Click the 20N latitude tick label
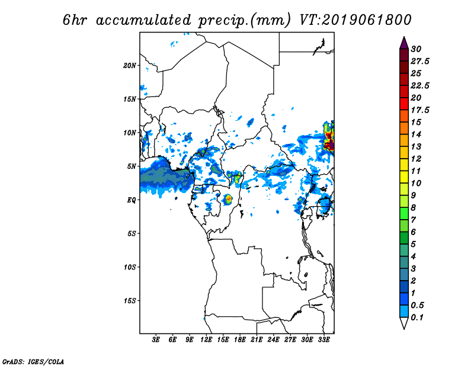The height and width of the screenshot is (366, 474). pyautogui.click(x=130, y=66)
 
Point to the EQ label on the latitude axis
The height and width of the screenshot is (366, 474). pyautogui.click(x=132, y=200)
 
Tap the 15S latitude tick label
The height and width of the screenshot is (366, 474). pyautogui.click(x=130, y=301)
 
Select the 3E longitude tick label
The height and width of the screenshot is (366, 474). pyautogui.click(x=156, y=339)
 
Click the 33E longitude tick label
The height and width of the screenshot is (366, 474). pyautogui.click(x=324, y=339)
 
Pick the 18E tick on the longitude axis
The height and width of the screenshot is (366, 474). pyautogui.click(x=240, y=339)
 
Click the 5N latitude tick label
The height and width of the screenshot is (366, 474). pyautogui.click(x=132, y=166)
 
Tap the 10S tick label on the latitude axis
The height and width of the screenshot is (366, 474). pyautogui.click(x=130, y=267)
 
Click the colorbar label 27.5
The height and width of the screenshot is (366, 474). pyautogui.click(x=420, y=62)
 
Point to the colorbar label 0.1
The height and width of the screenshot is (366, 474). pyautogui.click(x=417, y=317)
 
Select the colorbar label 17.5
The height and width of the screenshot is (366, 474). pyautogui.click(x=420, y=110)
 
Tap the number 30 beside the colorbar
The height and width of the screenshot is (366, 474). pyautogui.click(x=416, y=49)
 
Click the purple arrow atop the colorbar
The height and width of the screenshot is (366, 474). pyautogui.click(x=404, y=42)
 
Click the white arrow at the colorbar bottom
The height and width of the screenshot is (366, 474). pyautogui.click(x=404, y=323)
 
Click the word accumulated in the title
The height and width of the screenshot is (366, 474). pyautogui.click(x=143, y=20)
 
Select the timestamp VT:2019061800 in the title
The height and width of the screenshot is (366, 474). pyautogui.click(x=355, y=20)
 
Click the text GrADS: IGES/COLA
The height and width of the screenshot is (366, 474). pyautogui.click(x=33, y=362)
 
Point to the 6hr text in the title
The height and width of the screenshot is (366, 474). pyautogui.click(x=75, y=20)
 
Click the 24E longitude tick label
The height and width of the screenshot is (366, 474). pyautogui.click(x=273, y=339)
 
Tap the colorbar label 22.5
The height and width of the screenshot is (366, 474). pyautogui.click(x=420, y=86)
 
